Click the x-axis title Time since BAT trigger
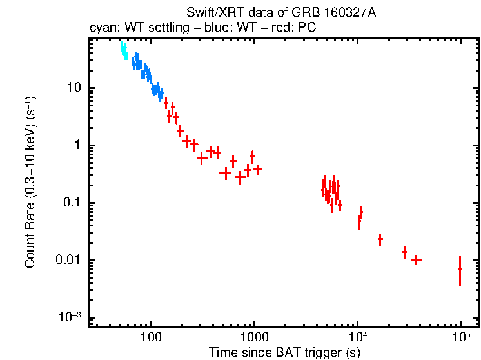tap(284, 352)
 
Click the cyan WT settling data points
tap(124, 51)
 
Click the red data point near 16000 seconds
tap(380, 239)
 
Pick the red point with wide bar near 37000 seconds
tap(417, 260)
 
